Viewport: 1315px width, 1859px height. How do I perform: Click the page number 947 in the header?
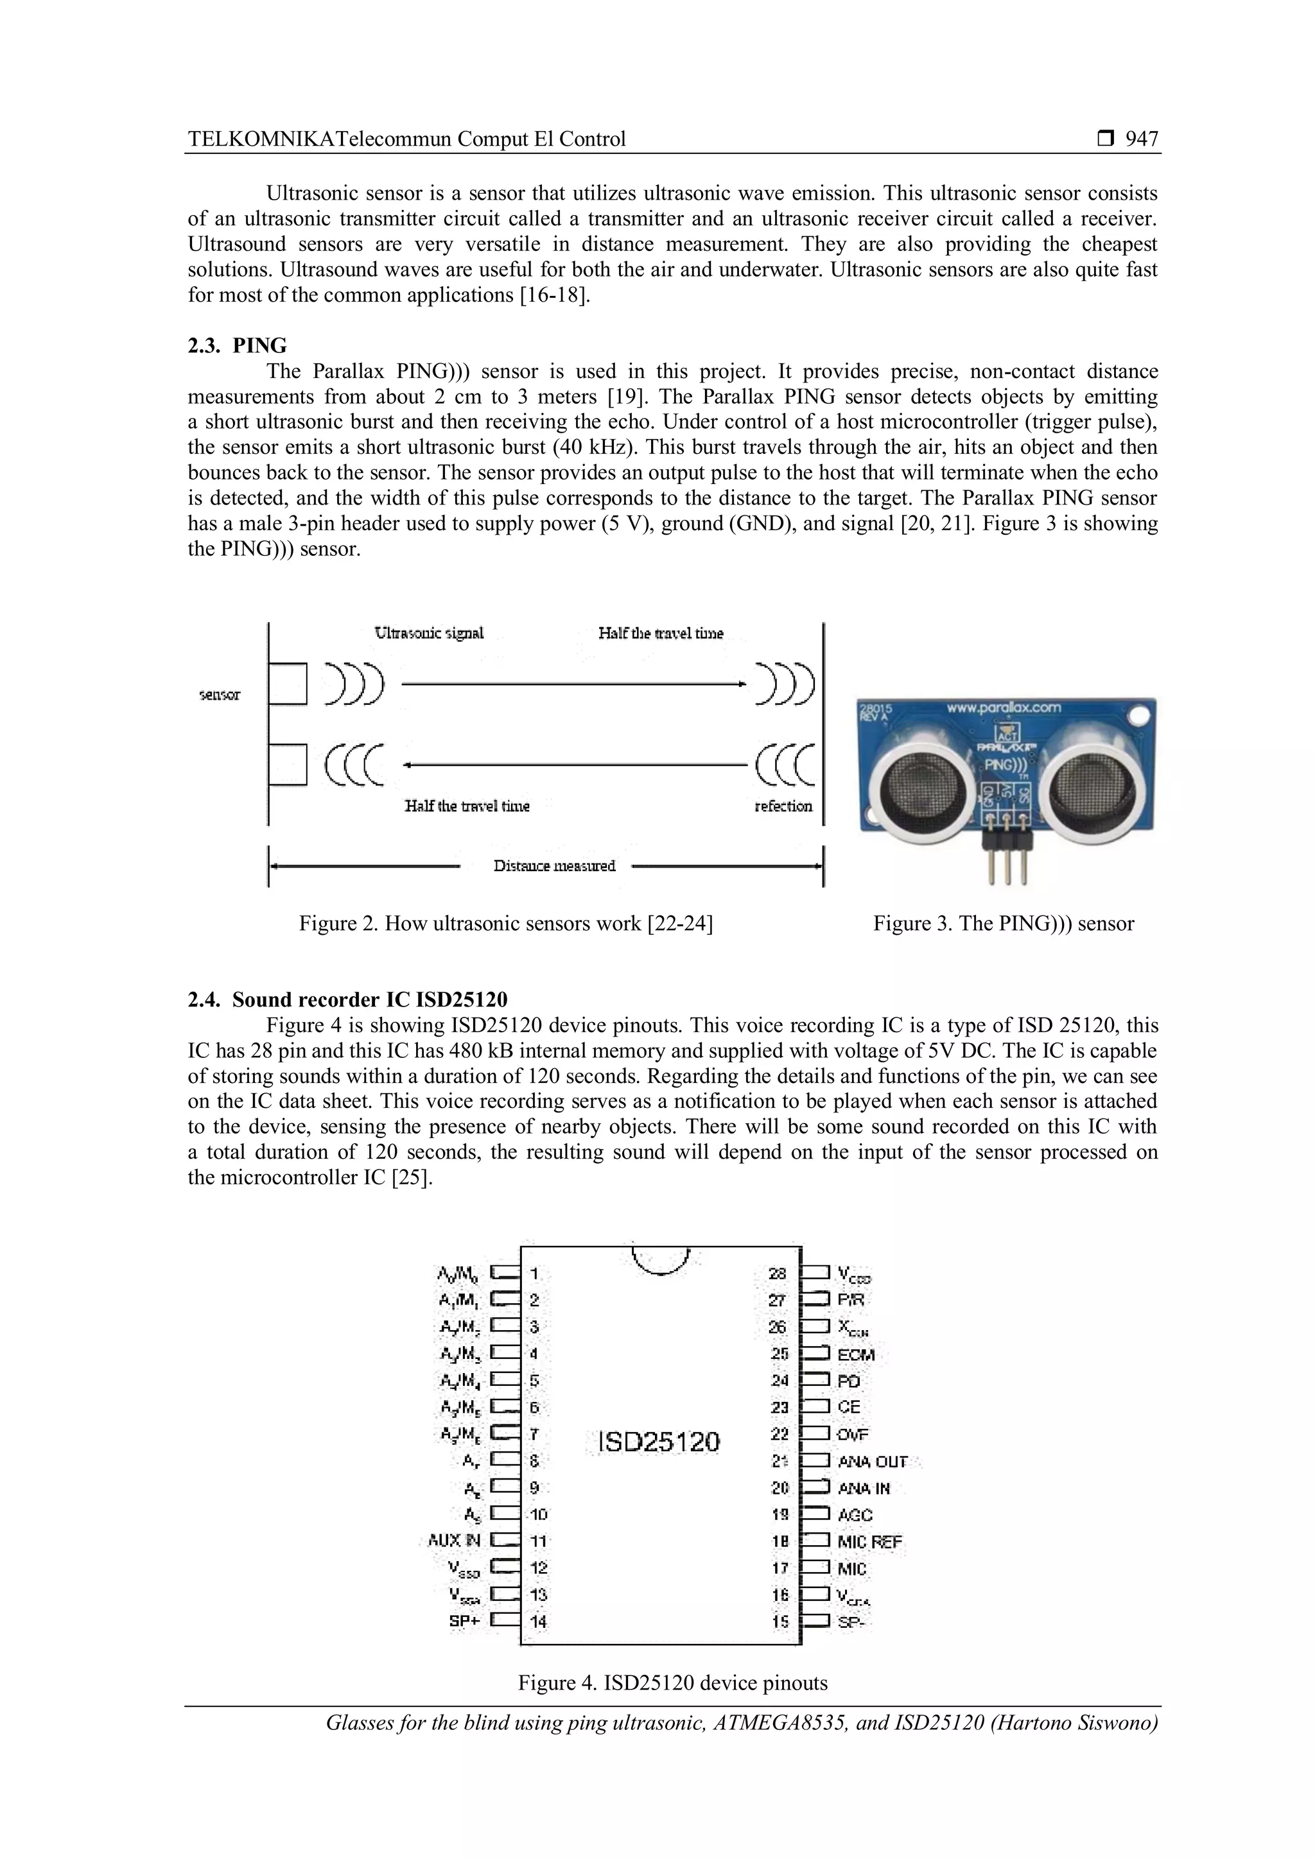pyautogui.click(x=1141, y=139)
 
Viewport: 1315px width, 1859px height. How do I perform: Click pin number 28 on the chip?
pyautogui.click(x=778, y=1274)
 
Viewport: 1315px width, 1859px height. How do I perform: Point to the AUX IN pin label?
pyautogui.click(x=454, y=1540)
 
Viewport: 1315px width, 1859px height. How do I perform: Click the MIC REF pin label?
pyautogui.click(x=869, y=1543)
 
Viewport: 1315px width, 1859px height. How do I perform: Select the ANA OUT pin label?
pyautogui.click(x=872, y=1462)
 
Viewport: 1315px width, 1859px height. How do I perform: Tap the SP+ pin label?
pyautogui.click(x=465, y=1621)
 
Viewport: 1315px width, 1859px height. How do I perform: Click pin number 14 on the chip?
pyautogui.click(x=539, y=1621)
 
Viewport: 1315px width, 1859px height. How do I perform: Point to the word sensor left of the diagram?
pyautogui.click(x=220, y=695)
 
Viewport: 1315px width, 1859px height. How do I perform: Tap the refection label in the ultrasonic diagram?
pyautogui.click(x=783, y=806)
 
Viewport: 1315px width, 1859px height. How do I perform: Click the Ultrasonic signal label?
pyautogui.click(x=429, y=633)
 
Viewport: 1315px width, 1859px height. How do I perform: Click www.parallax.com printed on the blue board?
pyautogui.click(x=1003, y=707)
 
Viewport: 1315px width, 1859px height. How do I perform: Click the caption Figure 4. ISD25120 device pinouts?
pyautogui.click(x=673, y=1683)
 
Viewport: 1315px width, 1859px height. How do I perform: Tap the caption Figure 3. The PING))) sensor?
pyautogui.click(x=1003, y=924)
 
